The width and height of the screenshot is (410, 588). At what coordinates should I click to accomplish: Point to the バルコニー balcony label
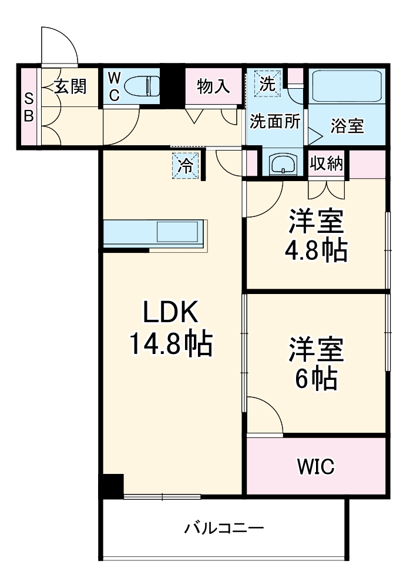coord(223,527)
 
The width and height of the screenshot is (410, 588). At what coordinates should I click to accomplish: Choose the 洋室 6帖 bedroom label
coord(315,363)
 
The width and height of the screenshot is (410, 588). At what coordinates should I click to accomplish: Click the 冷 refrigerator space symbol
coord(185,165)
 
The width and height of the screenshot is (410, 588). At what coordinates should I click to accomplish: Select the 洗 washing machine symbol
coord(267,83)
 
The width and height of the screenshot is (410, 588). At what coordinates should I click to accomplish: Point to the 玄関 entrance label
coord(71,86)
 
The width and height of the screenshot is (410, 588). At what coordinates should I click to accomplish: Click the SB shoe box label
coord(28,107)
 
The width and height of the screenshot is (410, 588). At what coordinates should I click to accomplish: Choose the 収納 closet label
coord(327,164)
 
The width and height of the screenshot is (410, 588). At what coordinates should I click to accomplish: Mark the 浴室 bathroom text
coord(347,126)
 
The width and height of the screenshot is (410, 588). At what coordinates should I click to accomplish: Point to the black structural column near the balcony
coord(111,485)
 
